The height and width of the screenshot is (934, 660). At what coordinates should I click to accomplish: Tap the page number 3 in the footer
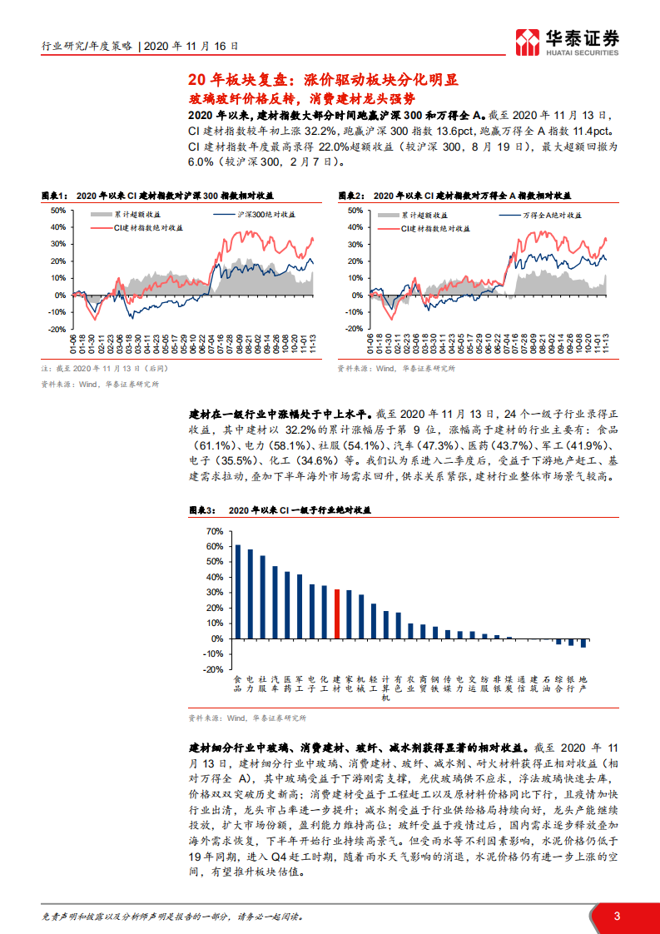[x=616, y=916]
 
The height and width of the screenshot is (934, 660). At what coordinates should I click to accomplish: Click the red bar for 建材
[x=336, y=614]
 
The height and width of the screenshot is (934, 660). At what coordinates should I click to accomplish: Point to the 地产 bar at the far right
[x=583, y=643]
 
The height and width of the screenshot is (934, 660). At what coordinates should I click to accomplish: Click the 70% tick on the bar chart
[x=214, y=531]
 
